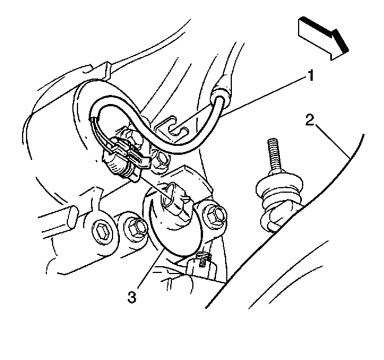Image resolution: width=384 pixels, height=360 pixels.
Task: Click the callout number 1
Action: click(x=310, y=75)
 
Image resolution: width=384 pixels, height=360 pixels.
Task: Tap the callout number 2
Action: click(x=309, y=120)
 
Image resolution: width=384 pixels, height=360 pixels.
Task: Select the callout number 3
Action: click(x=132, y=297)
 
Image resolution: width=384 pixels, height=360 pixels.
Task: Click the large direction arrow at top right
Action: click(x=323, y=38)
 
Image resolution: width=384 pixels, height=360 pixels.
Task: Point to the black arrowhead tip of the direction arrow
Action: click(x=347, y=51)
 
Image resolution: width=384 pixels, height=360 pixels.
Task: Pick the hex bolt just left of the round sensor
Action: click(x=135, y=228)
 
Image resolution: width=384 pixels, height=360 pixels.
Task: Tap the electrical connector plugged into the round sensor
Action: click(x=176, y=201)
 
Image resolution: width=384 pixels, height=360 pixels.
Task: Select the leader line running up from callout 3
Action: click(x=151, y=268)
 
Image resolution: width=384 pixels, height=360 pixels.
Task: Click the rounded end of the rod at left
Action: click(x=73, y=217)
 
